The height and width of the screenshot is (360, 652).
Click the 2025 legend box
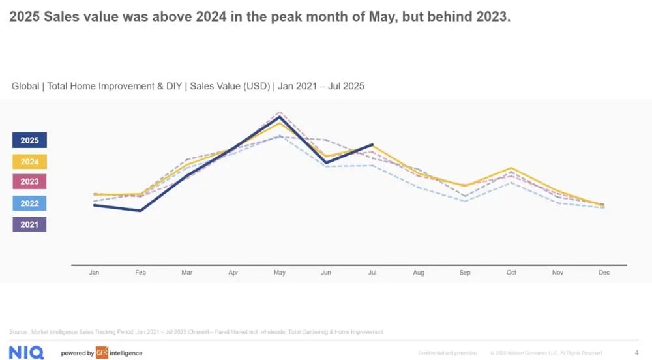tap(29, 140)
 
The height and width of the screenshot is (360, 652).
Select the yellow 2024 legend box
tap(29, 162)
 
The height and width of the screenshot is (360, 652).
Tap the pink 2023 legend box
tap(29, 182)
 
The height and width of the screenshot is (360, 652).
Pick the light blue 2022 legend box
tap(29, 203)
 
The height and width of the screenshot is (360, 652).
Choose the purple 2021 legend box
tap(29, 224)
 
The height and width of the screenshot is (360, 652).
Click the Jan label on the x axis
tap(94, 273)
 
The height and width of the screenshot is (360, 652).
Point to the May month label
tap(279, 273)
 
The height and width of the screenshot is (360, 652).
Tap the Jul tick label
tap(372, 273)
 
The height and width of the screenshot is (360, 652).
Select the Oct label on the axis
tap(511, 273)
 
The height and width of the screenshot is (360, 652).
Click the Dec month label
tap(604, 273)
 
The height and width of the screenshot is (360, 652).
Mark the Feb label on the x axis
tap(140, 273)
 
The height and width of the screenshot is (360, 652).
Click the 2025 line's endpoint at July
tap(372, 145)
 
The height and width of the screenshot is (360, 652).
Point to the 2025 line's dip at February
tap(140, 211)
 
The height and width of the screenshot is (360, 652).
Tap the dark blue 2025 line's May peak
tap(279, 117)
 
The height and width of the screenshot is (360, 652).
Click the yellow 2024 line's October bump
tap(511, 168)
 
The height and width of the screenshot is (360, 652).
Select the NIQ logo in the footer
tap(26, 353)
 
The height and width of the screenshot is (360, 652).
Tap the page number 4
tap(636, 353)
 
